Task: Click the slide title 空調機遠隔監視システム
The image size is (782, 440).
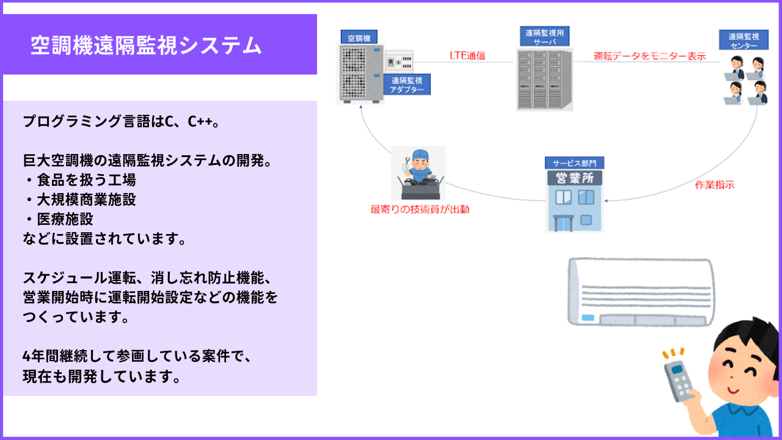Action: (x=146, y=45)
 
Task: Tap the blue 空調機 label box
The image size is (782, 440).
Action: (x=359, y=37)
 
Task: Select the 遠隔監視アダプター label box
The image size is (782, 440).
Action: (x=407, y=84)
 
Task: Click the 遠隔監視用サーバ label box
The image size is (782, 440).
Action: (x=544, y=36)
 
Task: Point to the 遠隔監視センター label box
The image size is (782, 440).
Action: (x=744, y=40)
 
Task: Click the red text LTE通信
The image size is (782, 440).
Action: (x=467, y=56)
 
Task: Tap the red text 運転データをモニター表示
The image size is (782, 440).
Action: (x=649, y=56)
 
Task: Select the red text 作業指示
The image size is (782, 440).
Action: (x=715, y=185)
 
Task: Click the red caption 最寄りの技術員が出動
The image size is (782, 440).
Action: (x=420, y=209)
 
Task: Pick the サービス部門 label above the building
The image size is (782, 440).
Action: (x=574, y=163)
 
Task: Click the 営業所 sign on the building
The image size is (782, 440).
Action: (x=575, y=178)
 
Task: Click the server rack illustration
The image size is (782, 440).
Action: (x=544, y=79)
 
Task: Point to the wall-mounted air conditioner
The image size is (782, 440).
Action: (x=641, y=292)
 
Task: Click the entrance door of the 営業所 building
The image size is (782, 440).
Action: (x=563, y=224)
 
